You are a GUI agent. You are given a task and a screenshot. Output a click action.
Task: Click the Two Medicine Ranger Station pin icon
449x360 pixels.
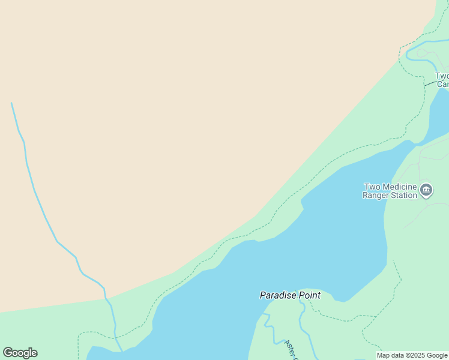point(426,190)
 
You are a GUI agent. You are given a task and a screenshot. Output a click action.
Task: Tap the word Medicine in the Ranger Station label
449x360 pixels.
point(397,187)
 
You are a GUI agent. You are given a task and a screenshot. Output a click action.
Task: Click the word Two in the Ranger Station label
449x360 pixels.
point(372,187)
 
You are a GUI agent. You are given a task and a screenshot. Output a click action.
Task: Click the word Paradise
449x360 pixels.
point(279,295)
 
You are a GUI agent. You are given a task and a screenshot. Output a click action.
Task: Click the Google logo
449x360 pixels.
point(20,353)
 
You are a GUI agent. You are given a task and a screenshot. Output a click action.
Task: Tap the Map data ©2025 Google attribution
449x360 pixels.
point(412,355)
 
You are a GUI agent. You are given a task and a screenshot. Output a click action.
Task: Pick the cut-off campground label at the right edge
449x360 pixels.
point(442,80)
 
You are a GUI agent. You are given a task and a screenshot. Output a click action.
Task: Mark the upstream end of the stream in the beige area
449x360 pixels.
point(11,103)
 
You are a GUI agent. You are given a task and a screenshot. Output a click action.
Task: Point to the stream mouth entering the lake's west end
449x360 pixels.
point(122,350)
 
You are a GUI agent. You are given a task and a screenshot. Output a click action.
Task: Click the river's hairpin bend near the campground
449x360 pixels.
point(408,55)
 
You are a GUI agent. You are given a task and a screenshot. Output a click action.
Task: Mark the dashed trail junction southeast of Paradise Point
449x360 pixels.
point(377,316)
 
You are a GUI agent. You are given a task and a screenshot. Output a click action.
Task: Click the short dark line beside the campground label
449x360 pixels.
point(430,83)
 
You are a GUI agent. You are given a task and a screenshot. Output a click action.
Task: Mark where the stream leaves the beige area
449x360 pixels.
point(105,298)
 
